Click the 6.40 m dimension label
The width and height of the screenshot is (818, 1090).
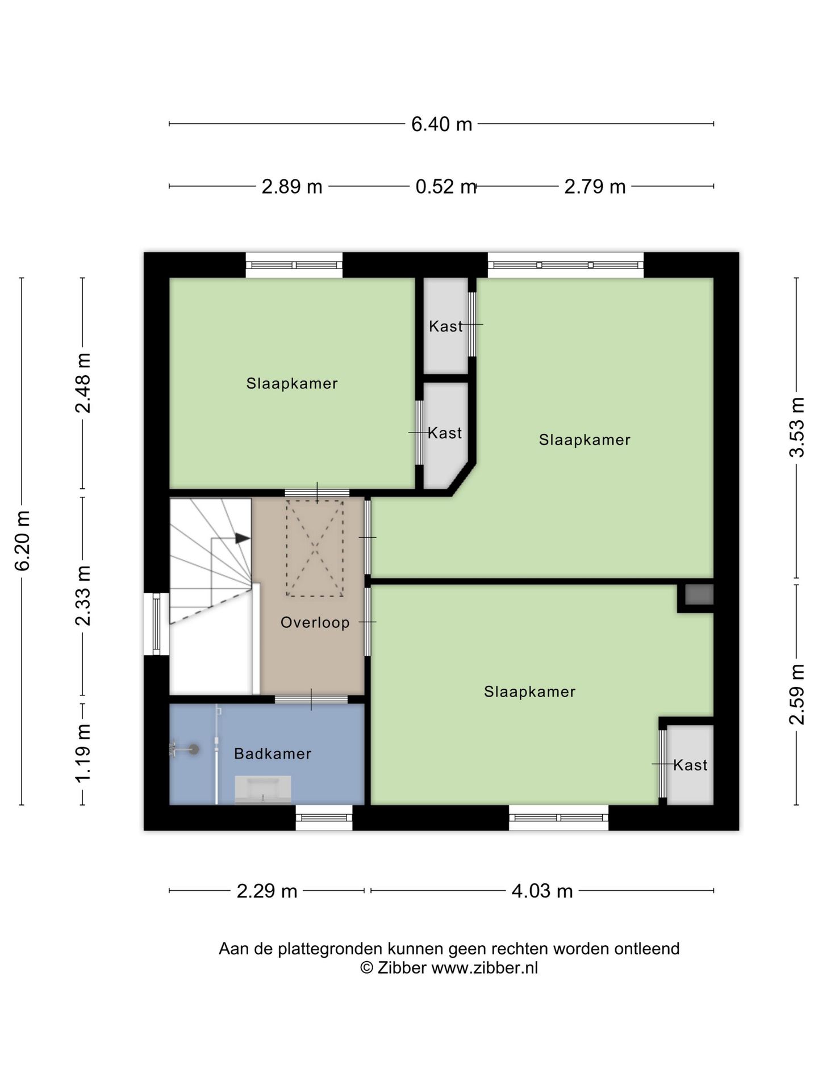(x=441, y=124)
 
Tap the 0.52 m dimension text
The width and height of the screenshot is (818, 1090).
(x=446, y=186)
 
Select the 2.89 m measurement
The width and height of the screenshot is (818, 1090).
(x=292, y=186)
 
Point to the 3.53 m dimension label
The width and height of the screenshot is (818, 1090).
(x=797, y=427)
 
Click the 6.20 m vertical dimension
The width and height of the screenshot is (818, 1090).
(x=22, y=540)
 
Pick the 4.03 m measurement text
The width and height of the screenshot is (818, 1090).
(x=542, y=891)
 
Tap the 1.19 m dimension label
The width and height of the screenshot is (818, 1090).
(x=83, y=753)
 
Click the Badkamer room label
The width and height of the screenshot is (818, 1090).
(x=273, y=754)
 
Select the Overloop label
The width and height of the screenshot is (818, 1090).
(x=315, y=622)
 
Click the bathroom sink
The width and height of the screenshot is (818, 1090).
(x=263, y=790)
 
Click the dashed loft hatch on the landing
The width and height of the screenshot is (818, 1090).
(x=315, y=548)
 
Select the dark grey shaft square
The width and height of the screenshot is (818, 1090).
(x=699, y=594)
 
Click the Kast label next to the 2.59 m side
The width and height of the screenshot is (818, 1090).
(x=690, y=765)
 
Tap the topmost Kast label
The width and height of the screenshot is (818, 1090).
(x=446, y=326)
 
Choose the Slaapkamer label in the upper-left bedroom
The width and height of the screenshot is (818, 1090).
(x=292, y=384)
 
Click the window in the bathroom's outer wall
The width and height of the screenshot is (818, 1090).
(x=324, y=817)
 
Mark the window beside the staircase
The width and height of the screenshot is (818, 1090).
(x=156, y=624)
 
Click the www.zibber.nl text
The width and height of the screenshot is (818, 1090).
(x=485, y=967)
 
